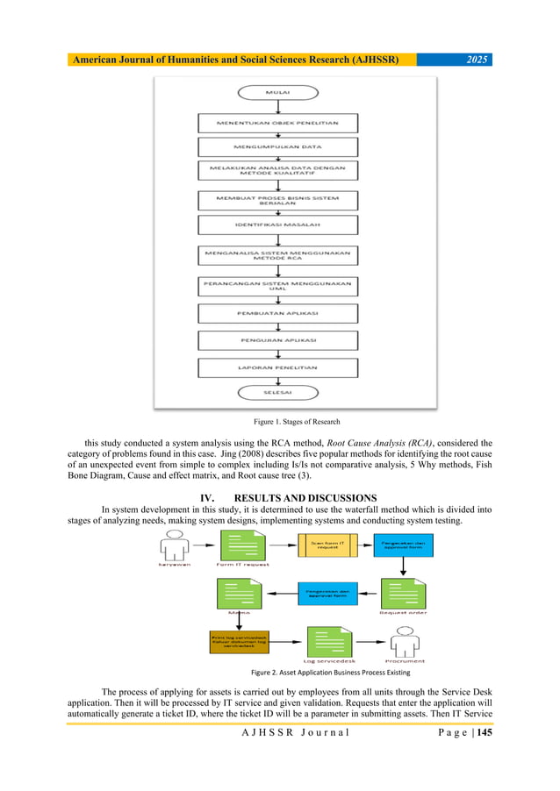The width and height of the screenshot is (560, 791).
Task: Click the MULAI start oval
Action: pyautogui.click(x=278, y=91)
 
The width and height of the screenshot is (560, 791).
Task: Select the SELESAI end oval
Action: pyautogui.click(x=278, y=392)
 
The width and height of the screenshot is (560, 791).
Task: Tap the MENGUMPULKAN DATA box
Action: pyautogui.click(x=277, y=146)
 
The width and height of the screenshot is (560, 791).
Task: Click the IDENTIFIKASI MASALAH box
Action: pyautogui.click(x=277, y=227)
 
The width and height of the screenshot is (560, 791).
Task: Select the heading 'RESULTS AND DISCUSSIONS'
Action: pyautogui.click(x=298, y=498)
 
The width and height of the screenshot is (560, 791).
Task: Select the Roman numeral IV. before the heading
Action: pyautogui.click(x=210, y=498)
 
